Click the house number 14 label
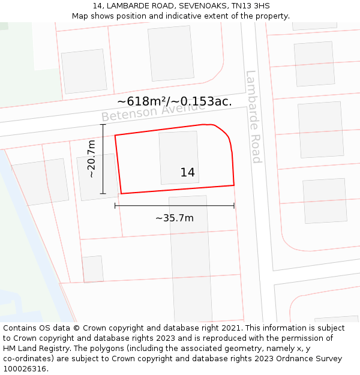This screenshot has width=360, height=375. coord(187,173)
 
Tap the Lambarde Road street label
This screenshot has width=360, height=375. coord(254,116)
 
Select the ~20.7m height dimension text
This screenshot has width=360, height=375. coord(91,159)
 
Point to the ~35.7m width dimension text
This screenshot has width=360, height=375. coord(175,218)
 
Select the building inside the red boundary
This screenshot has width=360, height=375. coord(179,157)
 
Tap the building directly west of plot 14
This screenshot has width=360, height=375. coord(97,177)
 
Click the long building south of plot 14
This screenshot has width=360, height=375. coord(191,258)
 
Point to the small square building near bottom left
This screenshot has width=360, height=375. coord(93,269)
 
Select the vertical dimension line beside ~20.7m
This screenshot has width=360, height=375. coord(103,159)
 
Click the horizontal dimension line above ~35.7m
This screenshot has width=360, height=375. coord(174,206)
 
